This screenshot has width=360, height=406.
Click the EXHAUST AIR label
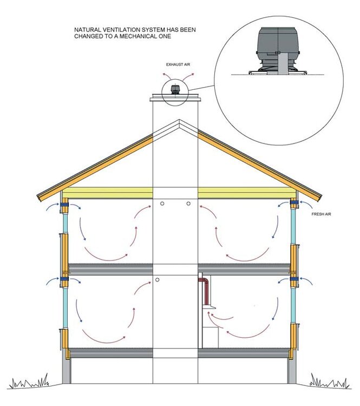click(x=178, y=64)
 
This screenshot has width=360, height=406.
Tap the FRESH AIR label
click(x=321, y=214)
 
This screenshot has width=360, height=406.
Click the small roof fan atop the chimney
click(x=175, y=89)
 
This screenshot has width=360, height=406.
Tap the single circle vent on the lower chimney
click(x=157, y=280)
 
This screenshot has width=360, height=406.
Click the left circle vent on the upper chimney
click(x=162, y=204)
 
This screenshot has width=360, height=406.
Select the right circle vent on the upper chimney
click(x=188, y=204)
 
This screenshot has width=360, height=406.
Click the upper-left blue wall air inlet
click(x=64, y=205)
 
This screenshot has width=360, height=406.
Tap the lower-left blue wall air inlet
click(x=64, y=279)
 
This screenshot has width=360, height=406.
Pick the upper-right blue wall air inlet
click(x=294, y=202)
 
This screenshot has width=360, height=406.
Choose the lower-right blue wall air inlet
click(x=294, y=279)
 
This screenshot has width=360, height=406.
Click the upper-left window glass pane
click(x=66, y=223)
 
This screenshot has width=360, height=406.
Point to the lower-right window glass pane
click(x=293, y=305)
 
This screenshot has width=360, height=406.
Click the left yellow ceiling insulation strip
click(x=108, y=193)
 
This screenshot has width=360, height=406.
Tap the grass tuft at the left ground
click(x=30, y=382)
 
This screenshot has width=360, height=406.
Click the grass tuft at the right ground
click(x=330, y=382)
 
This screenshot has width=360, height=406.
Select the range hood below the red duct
click(x=209, y=307)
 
